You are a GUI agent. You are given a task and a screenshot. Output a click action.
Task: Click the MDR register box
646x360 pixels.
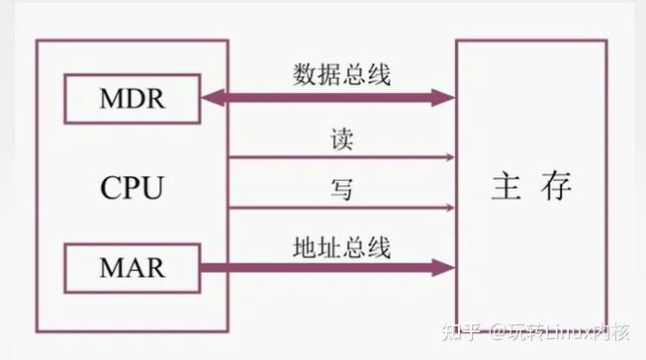point(132,97)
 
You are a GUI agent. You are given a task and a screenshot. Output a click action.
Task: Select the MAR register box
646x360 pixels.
point(132,267)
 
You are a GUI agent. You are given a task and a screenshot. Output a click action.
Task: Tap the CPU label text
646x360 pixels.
point(131,187)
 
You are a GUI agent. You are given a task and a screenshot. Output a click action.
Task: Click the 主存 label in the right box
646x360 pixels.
point(530,187)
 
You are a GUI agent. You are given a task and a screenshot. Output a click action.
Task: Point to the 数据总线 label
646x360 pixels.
point(340,75)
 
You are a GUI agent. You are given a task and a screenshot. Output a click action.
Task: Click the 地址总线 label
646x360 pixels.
point(340,245)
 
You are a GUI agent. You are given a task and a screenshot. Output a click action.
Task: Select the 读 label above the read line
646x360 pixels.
point(341,139)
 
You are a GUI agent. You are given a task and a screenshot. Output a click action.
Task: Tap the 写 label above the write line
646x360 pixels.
point(341,188)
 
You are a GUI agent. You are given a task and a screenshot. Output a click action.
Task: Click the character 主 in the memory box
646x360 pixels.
point(506,187)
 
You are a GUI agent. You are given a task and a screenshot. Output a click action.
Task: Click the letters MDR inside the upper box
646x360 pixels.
point(132,97)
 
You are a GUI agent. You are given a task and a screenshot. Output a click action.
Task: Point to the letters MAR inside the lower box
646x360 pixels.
point(132,267)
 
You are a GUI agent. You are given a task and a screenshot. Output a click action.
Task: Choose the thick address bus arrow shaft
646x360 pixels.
point(326,267)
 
